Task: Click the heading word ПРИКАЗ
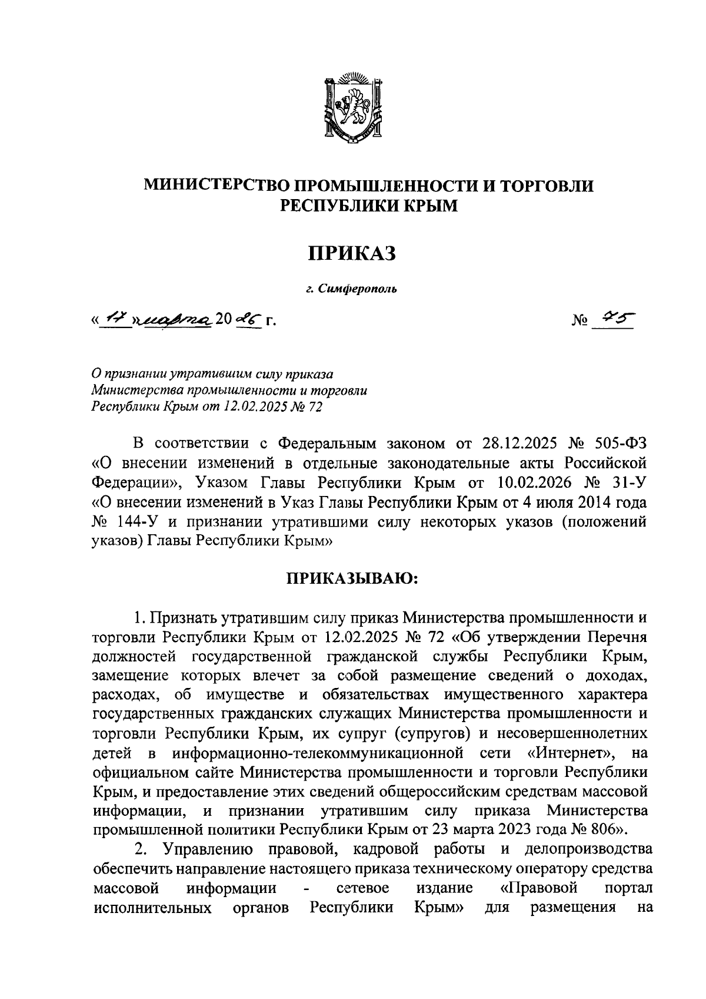pos(352,253)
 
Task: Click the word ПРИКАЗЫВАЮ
pos(352,578)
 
